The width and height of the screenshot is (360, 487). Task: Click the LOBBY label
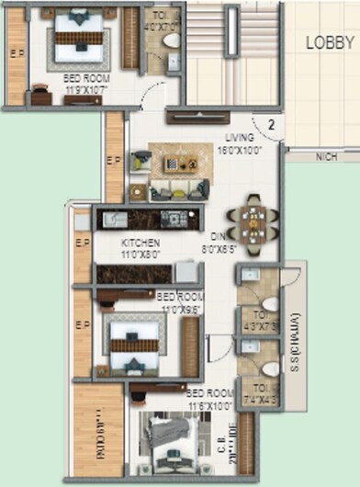[x=329, y=42]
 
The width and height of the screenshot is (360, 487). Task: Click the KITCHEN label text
[x=140, y=243]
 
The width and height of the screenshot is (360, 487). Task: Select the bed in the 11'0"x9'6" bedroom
[x=136, y=339]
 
